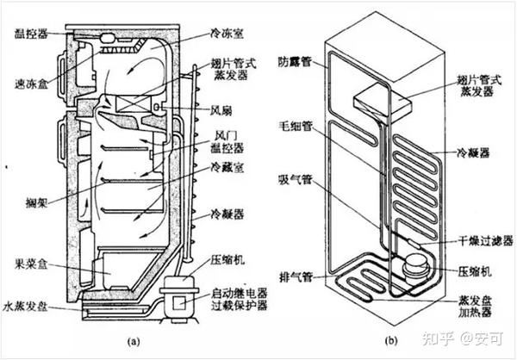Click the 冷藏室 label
point(227,172)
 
